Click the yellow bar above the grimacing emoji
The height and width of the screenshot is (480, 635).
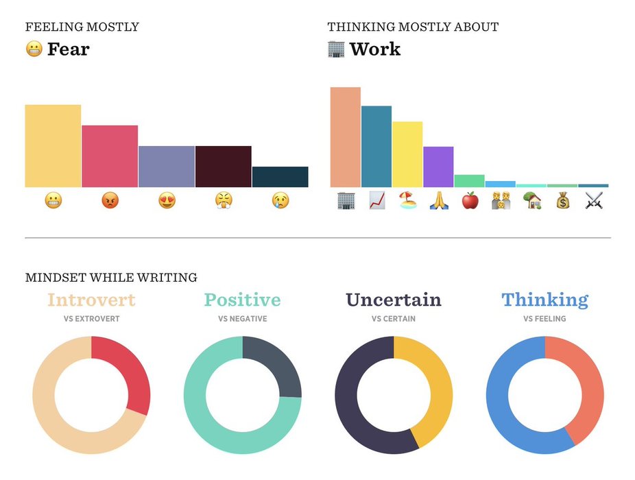point(53,145)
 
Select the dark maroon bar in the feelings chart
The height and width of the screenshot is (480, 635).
point(223,166)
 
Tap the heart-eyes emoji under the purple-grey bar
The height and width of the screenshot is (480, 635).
point(167,201)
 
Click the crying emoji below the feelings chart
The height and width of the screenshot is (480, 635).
point(280,201)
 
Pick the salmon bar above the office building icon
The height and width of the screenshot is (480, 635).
point(345,137)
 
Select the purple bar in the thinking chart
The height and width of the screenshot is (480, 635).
point(438,167)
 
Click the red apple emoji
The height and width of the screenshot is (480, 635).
point(470,201)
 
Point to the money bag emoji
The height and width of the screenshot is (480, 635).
point(562,201)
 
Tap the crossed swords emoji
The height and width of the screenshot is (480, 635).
point(594,201)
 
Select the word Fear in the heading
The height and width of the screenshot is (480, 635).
point(68,49)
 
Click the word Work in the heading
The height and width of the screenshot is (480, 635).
point(374,49)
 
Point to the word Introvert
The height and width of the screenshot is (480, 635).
point(91,300)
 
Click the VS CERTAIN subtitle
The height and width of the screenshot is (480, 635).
point(394,319)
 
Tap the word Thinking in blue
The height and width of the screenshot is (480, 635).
point(544,300)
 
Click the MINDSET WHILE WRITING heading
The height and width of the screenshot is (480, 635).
point(111,278)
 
